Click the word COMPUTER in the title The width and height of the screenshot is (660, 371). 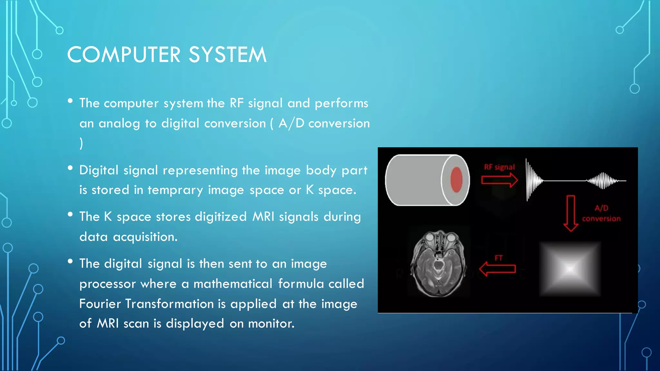[x=124, y=55]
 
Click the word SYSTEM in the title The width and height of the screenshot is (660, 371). [x=228, y=55]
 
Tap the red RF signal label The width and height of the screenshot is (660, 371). [x=499, y=167]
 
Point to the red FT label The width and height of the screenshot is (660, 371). [x=499, y=258]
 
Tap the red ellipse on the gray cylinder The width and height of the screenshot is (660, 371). [x=456, y=180]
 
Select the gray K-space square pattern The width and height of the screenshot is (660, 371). [x=570, y=269]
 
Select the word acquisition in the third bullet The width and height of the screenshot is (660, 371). [x=145, y=237]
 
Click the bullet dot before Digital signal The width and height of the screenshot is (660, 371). [x=70, y=168]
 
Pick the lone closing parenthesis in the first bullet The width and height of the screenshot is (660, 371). [x=81, y=143]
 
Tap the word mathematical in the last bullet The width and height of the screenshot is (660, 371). [x=233, y=284]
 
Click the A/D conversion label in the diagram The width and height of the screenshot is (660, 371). [x=601, y=213]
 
